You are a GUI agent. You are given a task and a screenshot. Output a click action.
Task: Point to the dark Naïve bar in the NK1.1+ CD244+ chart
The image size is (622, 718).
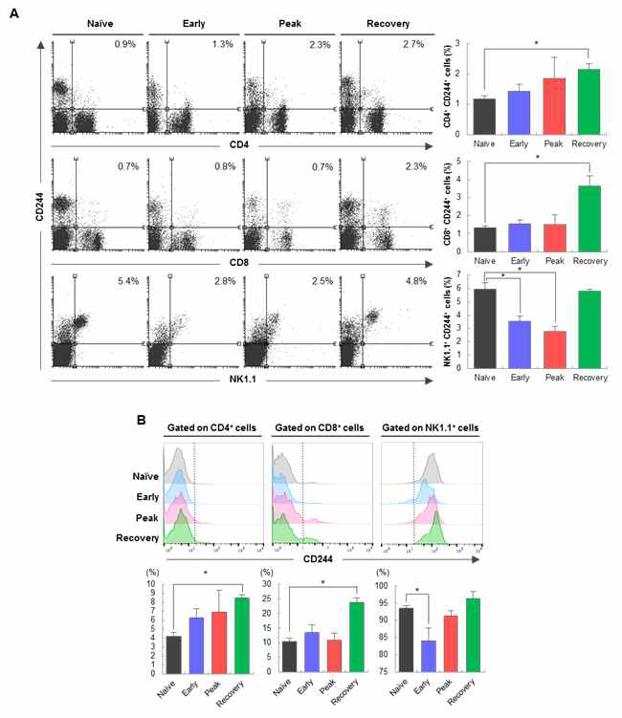pyautogui.click(x=485, y=328)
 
